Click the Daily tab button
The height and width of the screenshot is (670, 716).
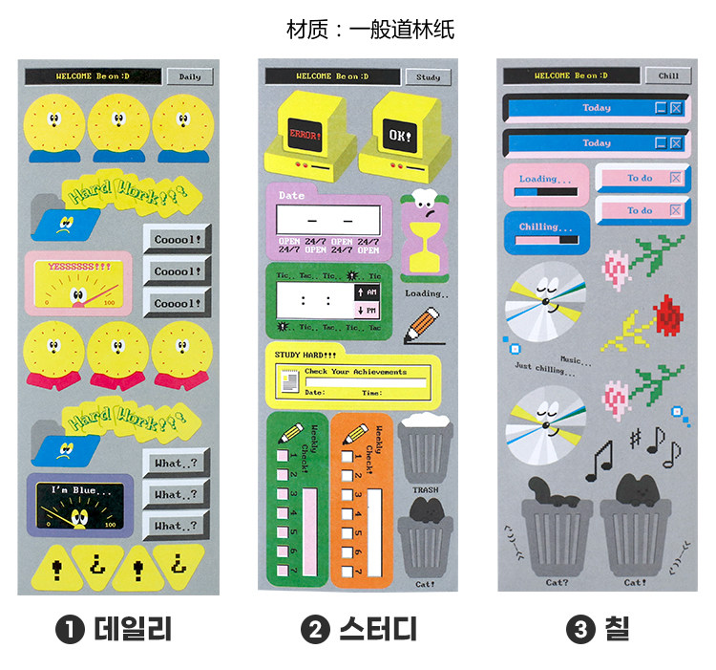point(189,76)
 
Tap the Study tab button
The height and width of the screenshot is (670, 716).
point(428,76)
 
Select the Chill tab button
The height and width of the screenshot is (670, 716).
point(668,76)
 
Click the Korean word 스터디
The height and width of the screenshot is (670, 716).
point(377,629)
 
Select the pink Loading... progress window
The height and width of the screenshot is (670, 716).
point(546,184)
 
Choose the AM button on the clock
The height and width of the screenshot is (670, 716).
point(368,291)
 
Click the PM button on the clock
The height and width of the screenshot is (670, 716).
point(368,311)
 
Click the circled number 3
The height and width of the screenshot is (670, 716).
point(579,629)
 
